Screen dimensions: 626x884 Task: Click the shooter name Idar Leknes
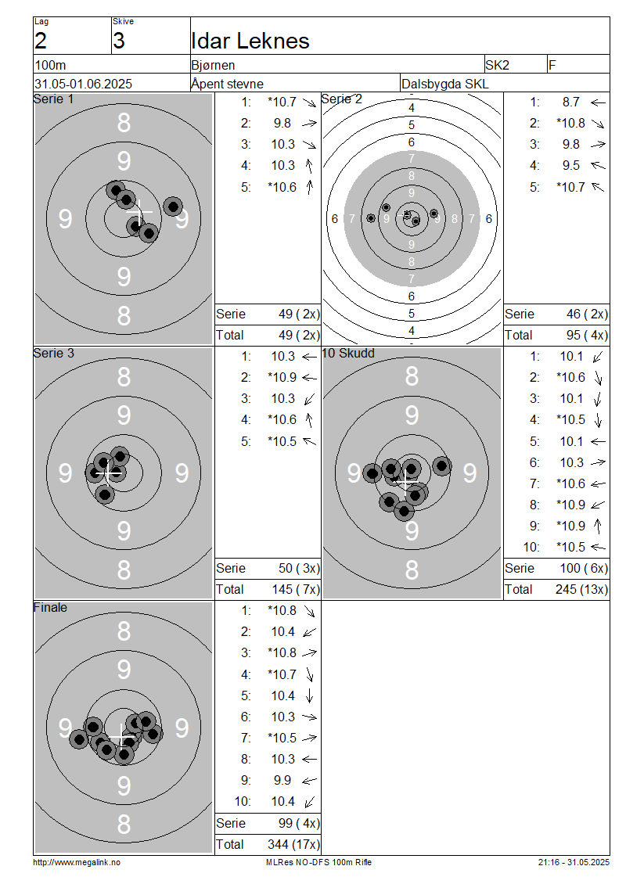pyautogui.click(x=250, y=41)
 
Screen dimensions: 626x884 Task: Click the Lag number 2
pyautogui.click(x=41, y=41)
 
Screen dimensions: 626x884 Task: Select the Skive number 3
pyautogui.click(x=119, y=41)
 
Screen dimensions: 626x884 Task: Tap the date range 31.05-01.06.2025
pyautogui.click(x=84, y=84)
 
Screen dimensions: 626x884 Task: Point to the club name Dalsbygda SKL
pyautogui.click(x=445, y=84)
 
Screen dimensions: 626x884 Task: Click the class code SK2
pyautogui.click(x=497, y=66)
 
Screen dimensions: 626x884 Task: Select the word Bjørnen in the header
pyautogui.click(x=213, y=66)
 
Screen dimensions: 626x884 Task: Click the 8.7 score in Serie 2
pyautogui.click(x=570, y=102)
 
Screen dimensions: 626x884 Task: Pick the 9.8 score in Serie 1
pyautogui.click(x=282, y=124)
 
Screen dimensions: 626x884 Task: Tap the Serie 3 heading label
pyautogui.click(x=53, y=354)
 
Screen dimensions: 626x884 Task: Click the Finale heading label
pyautogui.click(x=50, y=608)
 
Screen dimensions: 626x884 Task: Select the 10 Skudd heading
pyautogui.click(x=348, y=354)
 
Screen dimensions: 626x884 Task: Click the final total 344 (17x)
pyautogui.click(x=293, y=845)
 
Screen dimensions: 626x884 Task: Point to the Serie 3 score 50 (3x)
pyautogui.click(x=299, y=568)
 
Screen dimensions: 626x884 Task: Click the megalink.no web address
pyautogui.click(x=77, y=863)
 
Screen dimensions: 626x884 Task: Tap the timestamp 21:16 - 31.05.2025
pyautogui.click(x=574, y=863)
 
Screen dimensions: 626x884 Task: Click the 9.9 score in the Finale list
pyautogui.click(x=282, y=780)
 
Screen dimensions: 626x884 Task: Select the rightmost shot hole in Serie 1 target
pyautogui.click(x=173, y=207)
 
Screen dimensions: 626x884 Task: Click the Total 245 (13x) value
pyautogui.click(x=581, y=590)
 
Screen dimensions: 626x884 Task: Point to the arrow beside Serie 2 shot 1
pyautogui.click(x=598, y=102)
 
